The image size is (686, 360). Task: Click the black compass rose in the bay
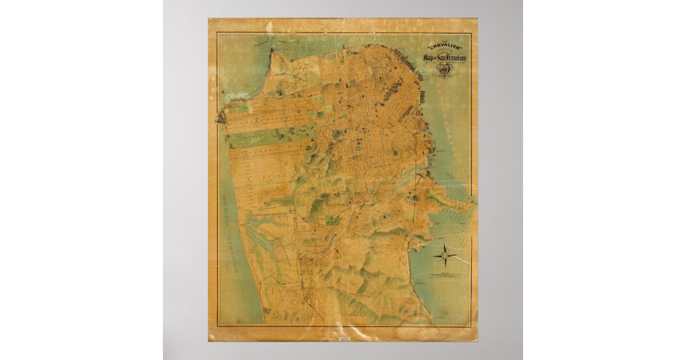[445, 255]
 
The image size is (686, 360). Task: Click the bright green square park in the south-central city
[332, 219]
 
